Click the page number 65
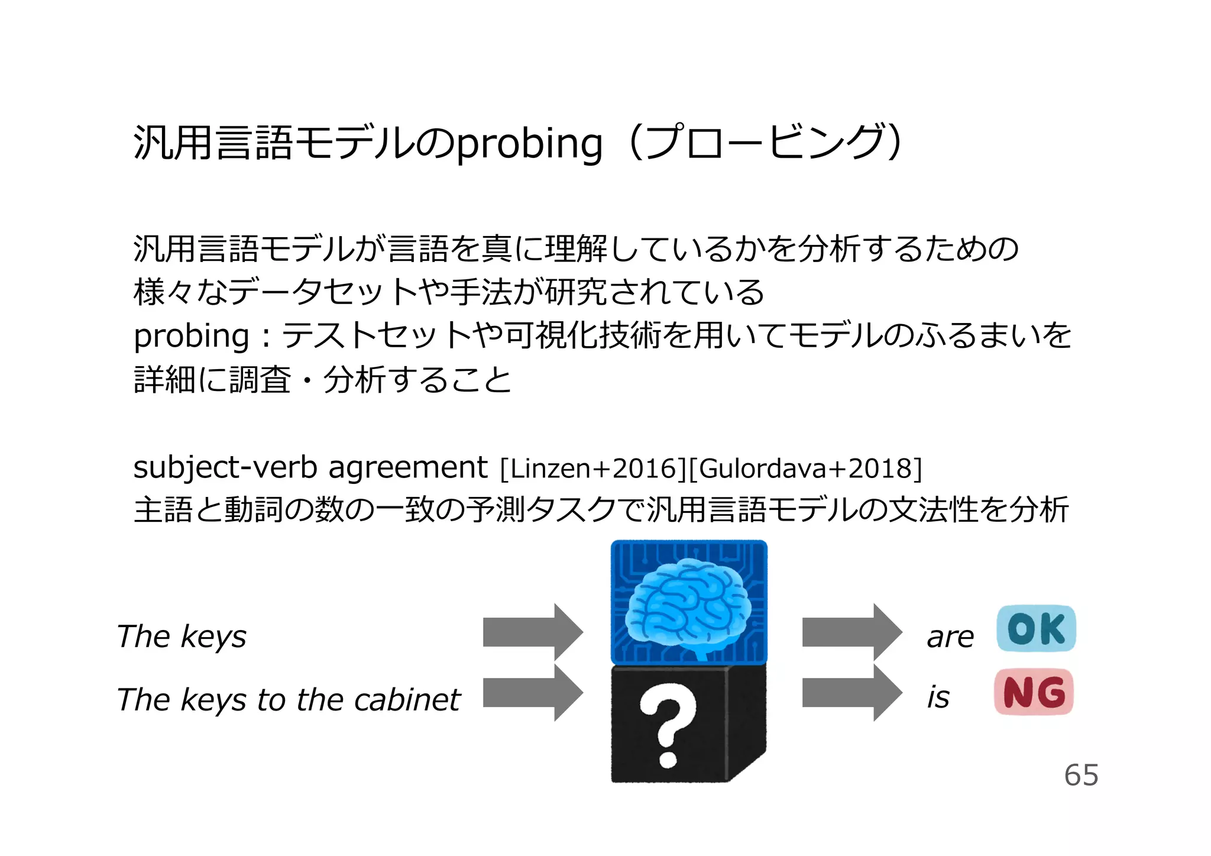(x=1081, y=775)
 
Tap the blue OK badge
(x=1036, y=628)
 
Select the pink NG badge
(x=1034, y=692)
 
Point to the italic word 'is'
(x=938, y=697)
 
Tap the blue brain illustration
(x=688, y=608)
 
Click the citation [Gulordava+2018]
(x=805, y=469)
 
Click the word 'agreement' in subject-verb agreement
(x=407, y=467)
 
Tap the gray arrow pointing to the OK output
(x=851, y=632)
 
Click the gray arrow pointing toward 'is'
(x=851, y=693)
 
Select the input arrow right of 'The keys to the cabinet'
(x=533, y=693)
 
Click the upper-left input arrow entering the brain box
(x=533, y=632)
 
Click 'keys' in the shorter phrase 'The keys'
(x=213, y=638)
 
